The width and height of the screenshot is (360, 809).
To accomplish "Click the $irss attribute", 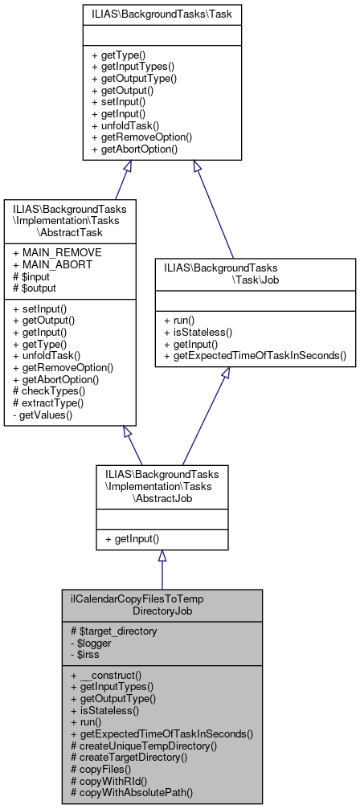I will [85, 654].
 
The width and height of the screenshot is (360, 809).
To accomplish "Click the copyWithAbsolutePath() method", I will [133, 791].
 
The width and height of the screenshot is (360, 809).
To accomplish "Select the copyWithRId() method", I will [112, 779].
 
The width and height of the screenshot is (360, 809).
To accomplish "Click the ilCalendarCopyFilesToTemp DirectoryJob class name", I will [162, 605].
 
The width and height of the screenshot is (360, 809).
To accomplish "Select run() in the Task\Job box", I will [183, 320].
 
